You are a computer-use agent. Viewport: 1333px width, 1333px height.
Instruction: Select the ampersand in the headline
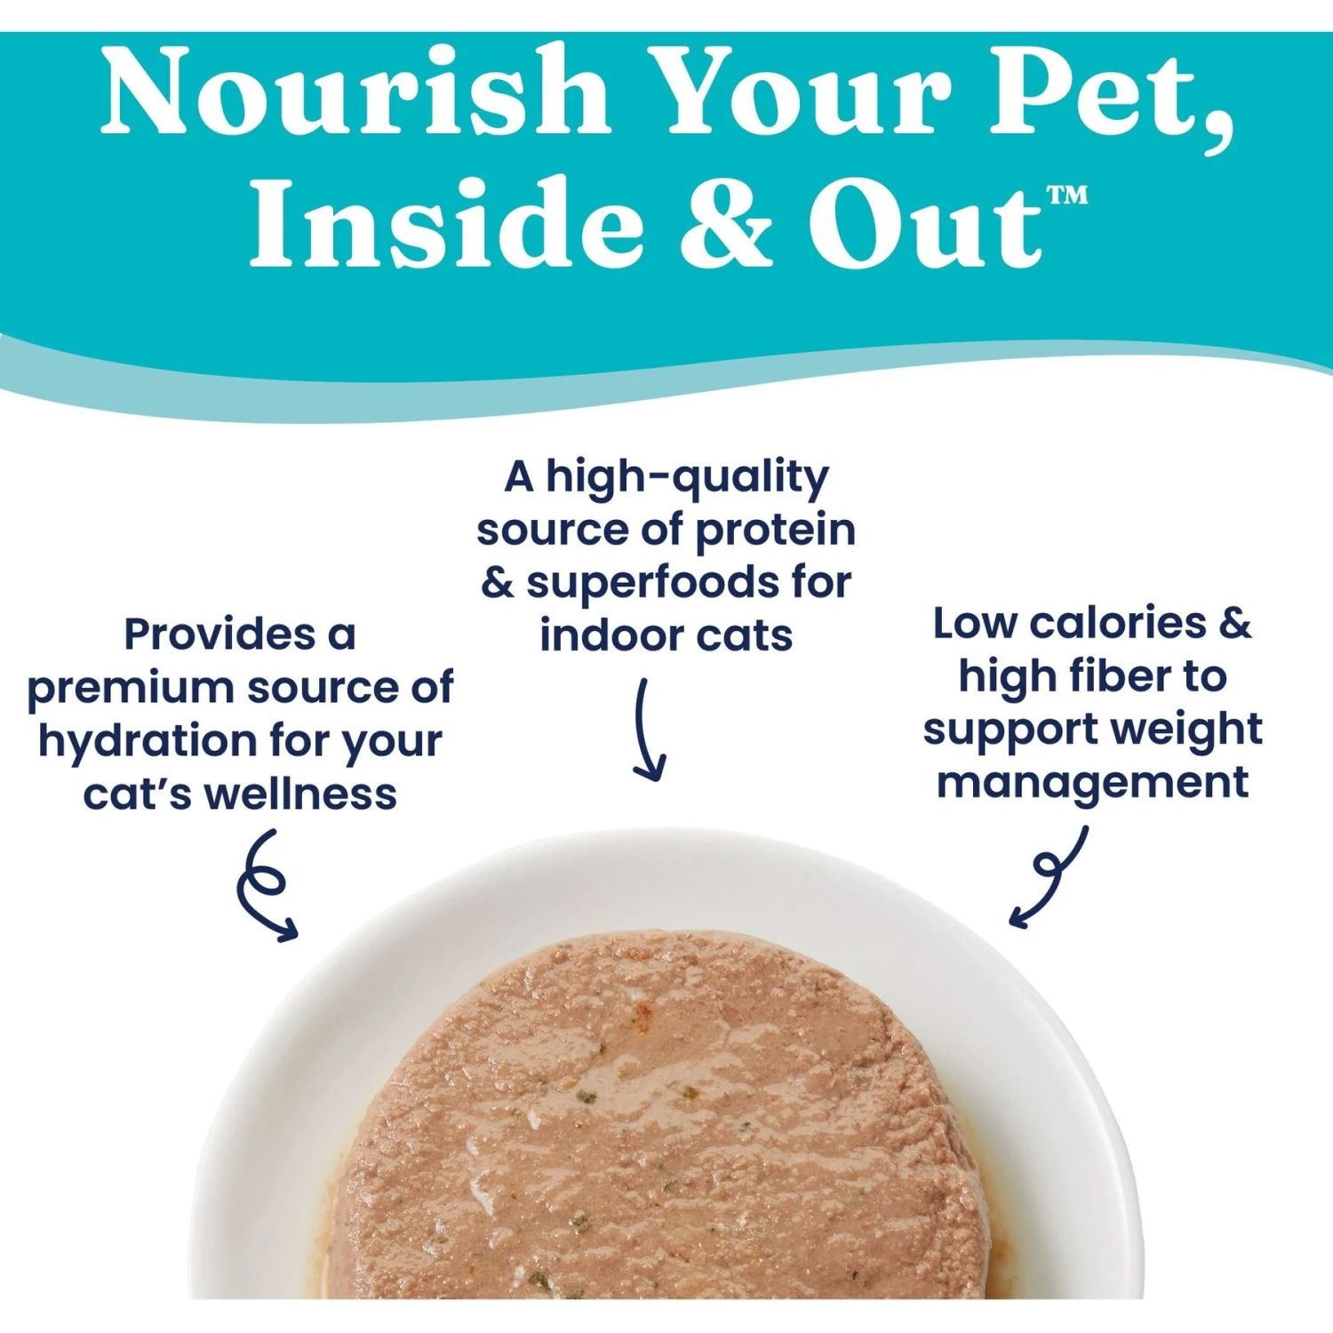[726, 222]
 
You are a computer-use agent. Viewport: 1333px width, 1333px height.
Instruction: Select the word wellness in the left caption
[301, 794]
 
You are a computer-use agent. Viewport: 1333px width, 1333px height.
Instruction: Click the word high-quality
[687, 478]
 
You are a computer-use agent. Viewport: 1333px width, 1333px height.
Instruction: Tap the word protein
[775, 531]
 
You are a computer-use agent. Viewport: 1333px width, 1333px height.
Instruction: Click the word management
[1092, 784]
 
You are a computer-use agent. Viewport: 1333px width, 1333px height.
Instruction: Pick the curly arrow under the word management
[1049, 875]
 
